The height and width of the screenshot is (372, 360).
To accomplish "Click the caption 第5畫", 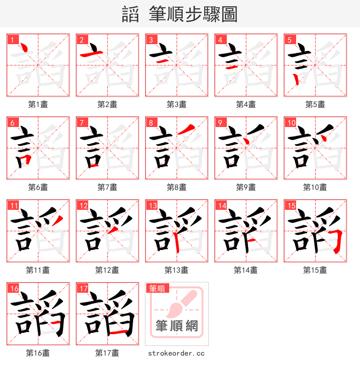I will pos(315,104).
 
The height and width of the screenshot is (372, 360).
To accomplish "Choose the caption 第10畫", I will pos(315,187).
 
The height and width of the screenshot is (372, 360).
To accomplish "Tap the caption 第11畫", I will pos(38,270).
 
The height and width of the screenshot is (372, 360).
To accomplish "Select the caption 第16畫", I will pos(38,353).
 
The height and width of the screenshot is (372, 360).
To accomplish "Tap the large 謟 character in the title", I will pos(130,15).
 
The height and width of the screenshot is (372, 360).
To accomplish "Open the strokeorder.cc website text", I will pos(176,353).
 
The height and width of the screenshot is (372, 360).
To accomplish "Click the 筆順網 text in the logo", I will pos(176,326).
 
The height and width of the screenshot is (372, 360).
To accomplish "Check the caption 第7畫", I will pos(107,187).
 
